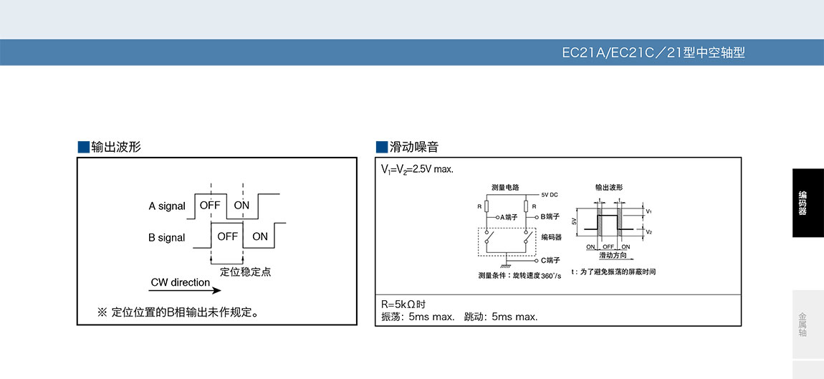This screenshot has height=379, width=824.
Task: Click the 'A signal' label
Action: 167,206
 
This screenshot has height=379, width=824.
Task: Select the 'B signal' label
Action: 167,238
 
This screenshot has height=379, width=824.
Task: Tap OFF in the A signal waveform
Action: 211,205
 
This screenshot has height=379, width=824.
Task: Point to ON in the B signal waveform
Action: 260,236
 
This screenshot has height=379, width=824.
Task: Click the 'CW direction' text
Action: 181,282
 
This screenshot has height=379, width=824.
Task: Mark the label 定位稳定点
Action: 245,272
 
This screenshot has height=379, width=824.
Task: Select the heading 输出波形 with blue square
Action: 109,148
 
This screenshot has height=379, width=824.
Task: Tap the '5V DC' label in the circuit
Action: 550,195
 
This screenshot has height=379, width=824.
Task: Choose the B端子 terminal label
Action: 550,216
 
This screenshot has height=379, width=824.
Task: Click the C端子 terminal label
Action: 550,260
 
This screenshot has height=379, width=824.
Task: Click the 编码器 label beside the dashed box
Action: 551,236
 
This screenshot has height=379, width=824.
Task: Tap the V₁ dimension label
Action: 648,212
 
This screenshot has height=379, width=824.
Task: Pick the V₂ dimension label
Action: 648,233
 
